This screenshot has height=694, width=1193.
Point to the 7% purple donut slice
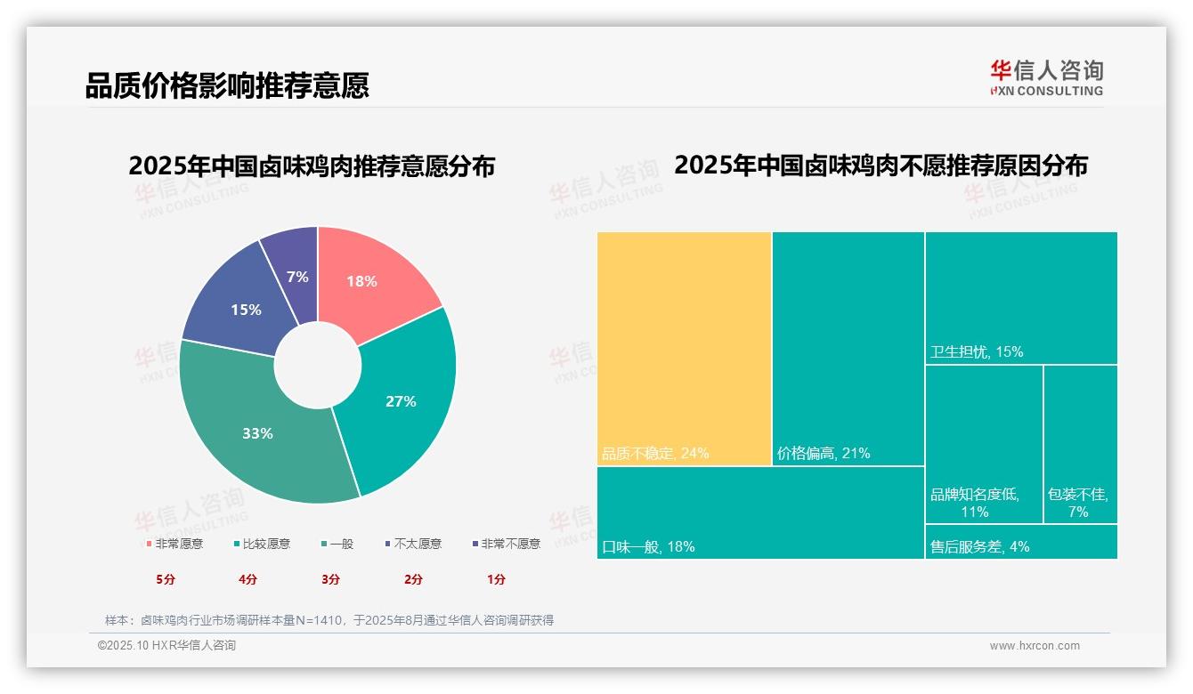pos(296,272)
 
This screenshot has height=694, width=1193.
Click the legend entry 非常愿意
pos(174,544)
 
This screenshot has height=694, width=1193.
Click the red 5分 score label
pos(166,579)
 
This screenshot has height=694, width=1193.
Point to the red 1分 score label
pos(496,579)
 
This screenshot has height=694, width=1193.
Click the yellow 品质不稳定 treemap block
pos(684,347)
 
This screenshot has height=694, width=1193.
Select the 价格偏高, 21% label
pos(824,453)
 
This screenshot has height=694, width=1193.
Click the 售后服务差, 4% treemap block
pos(1020,542)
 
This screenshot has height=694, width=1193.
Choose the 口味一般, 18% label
pos(648,546)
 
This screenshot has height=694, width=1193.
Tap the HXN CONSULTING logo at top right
pos(1047,78)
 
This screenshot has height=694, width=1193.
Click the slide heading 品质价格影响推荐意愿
pos(227,86)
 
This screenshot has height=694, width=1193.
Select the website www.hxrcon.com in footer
pos(1035,646)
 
